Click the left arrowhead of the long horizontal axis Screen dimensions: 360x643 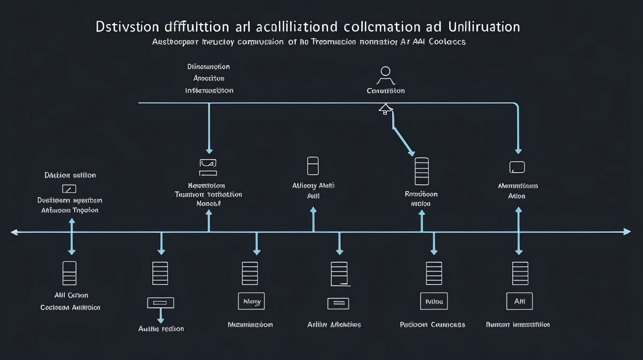click(14, 232)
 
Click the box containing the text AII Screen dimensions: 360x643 click(519, 301)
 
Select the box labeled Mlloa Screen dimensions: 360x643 click(433, 301)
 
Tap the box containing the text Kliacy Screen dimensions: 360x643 click(252, 301)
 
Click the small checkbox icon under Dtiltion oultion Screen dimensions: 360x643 click(70, 189)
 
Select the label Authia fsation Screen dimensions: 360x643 click(161, 328)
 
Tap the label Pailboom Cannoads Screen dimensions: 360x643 click(432, 324)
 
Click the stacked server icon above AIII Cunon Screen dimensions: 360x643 click(70, 273)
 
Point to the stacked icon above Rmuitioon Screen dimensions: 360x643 click(422, 170)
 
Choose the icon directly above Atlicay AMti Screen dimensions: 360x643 click(313, 166)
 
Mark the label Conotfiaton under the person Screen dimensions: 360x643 click(386, 91)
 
